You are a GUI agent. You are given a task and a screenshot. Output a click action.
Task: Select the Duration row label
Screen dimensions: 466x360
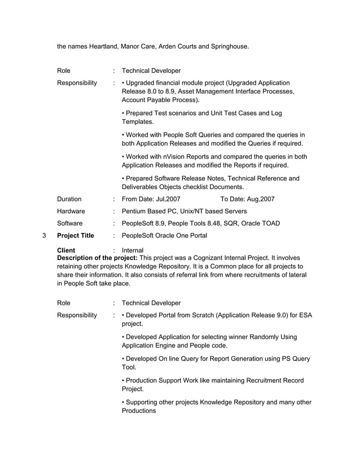[x=69, y=199]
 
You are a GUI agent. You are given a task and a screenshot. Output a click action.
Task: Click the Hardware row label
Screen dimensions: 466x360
[x=71, y=211]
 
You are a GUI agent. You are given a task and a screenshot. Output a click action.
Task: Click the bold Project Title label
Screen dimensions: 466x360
[x=76, y=235]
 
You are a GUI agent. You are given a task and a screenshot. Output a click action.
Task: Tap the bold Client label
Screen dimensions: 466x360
[x=66, y=250]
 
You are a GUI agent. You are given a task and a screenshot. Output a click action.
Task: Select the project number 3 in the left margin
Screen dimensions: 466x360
[x=44, y=235]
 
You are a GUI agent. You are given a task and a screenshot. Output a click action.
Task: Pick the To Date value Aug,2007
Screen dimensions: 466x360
[x=257, y=199]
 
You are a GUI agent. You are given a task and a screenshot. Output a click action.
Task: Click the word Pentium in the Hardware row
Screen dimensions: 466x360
[x=135, y=211]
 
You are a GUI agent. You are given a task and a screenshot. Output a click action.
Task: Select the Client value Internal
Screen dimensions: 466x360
[x=133, y=250]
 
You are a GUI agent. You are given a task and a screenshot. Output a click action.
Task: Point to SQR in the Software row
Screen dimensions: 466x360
[x=218, y=223]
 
